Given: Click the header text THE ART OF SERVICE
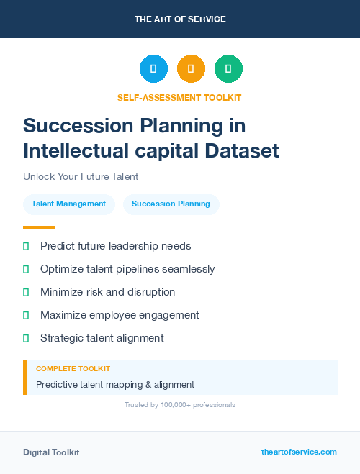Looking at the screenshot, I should pyautogui.click(x=180, y=19).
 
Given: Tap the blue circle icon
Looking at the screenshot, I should pyautogui.click(x=153, y=69).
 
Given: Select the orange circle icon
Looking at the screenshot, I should pyautogui.click(x=191, y=69).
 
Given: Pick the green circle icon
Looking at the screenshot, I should pyautogui.click(x=228, y=69).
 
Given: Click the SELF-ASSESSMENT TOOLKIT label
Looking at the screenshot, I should pyautogui.click(x=179, y=97).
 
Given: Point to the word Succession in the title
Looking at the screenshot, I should pyautogui.click(x=71, y=126).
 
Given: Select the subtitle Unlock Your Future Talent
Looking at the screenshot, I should pyautogui.click(x=81, y=176).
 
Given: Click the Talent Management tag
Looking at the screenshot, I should pyautogui.click(x=68, y=204).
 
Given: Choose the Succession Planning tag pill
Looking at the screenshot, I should pyautogui.click(x=171, y=204).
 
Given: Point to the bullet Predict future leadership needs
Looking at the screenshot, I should pyautogui.click(x=115, y=246).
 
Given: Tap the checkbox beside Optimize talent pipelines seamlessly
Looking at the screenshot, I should pyautogui.click(x=26, y=269).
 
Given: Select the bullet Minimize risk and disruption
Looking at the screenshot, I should pyautogui.click(x=107, y=292).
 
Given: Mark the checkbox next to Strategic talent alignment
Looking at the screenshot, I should pyautogui.click(x=26, y=338).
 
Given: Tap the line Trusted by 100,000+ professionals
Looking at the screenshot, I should pyautogui.click(x=180, y=405).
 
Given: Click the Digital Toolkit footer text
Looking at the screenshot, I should pyautogui.click(x=51, y=452).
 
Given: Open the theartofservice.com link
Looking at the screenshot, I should pyautogui.click(x=299, y=452).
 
